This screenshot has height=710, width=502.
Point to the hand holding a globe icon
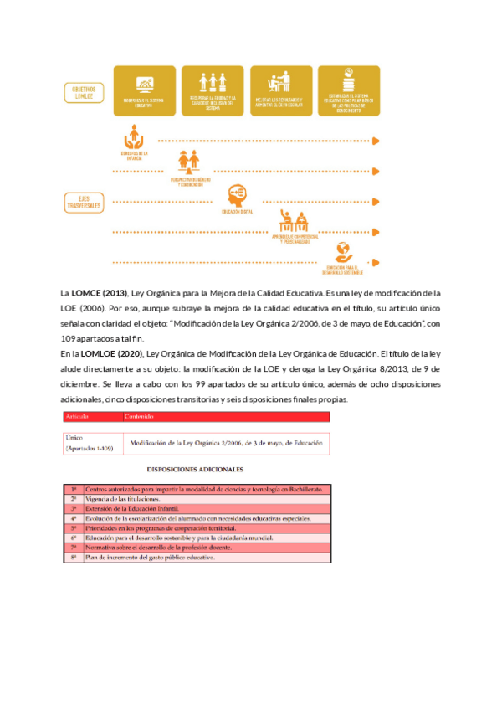pos(342,250)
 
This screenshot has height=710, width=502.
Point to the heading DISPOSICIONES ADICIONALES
pos(196,470)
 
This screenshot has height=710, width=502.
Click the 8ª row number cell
pos(74,557)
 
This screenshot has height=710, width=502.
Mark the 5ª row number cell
pos(74,528)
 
